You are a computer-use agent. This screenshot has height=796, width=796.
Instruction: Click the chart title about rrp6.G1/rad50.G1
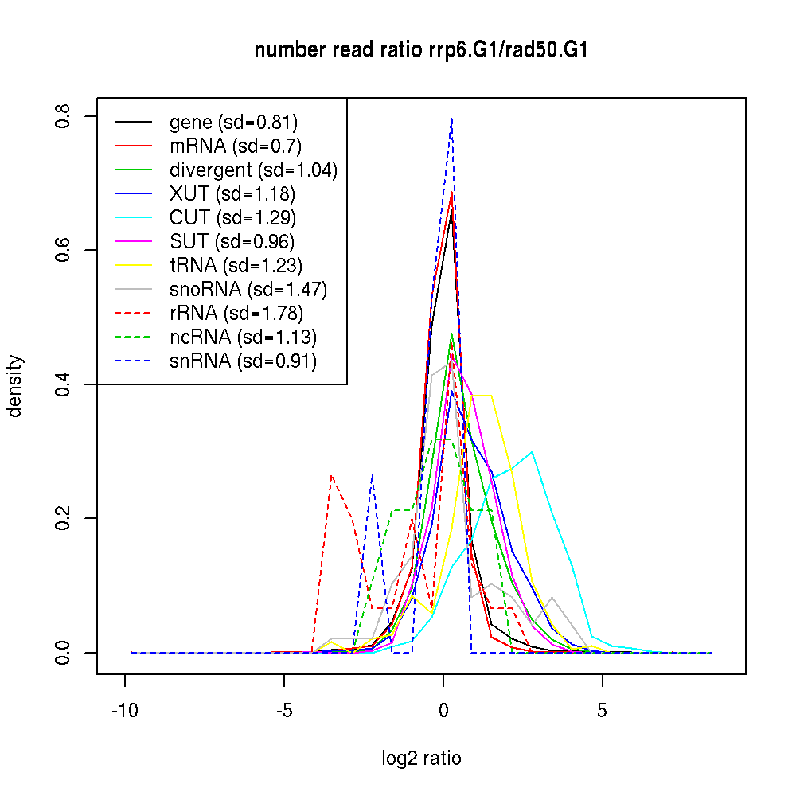421,51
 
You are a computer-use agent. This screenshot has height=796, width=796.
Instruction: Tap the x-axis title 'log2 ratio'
421,758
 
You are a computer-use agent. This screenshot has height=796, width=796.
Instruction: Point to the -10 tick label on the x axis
125,711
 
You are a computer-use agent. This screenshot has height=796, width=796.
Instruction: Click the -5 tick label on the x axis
284,711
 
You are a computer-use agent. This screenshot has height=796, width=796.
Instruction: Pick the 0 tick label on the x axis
443,711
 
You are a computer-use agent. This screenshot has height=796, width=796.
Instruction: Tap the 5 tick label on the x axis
603,711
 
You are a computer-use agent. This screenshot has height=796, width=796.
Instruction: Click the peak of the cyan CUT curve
532,451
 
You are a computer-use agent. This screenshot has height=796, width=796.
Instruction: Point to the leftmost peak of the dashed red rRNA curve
332,476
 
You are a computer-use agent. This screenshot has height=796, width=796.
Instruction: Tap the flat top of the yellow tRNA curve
482,395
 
